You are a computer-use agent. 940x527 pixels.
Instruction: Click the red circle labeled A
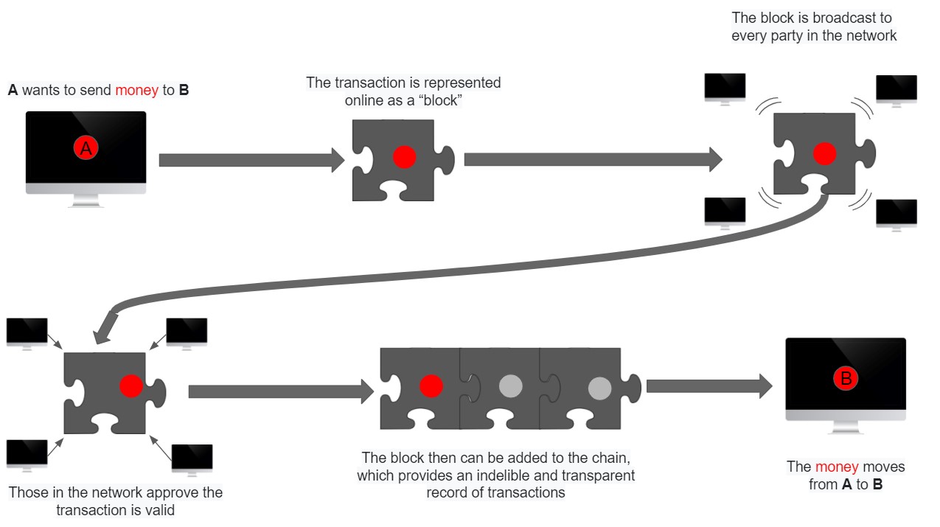86,149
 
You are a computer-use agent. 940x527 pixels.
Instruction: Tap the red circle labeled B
846,379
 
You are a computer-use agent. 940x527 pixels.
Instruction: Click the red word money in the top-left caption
136,91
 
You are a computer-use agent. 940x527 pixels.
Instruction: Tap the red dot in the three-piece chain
431,385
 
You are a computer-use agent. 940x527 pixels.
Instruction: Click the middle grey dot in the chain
510,385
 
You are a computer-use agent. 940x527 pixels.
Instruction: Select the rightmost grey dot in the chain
599,388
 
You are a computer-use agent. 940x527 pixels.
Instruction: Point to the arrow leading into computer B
708,386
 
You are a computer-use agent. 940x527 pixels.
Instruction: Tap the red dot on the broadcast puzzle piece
824,154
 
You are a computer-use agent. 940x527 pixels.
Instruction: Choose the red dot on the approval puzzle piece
131,385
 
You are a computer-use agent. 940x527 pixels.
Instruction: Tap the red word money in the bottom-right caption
837,467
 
